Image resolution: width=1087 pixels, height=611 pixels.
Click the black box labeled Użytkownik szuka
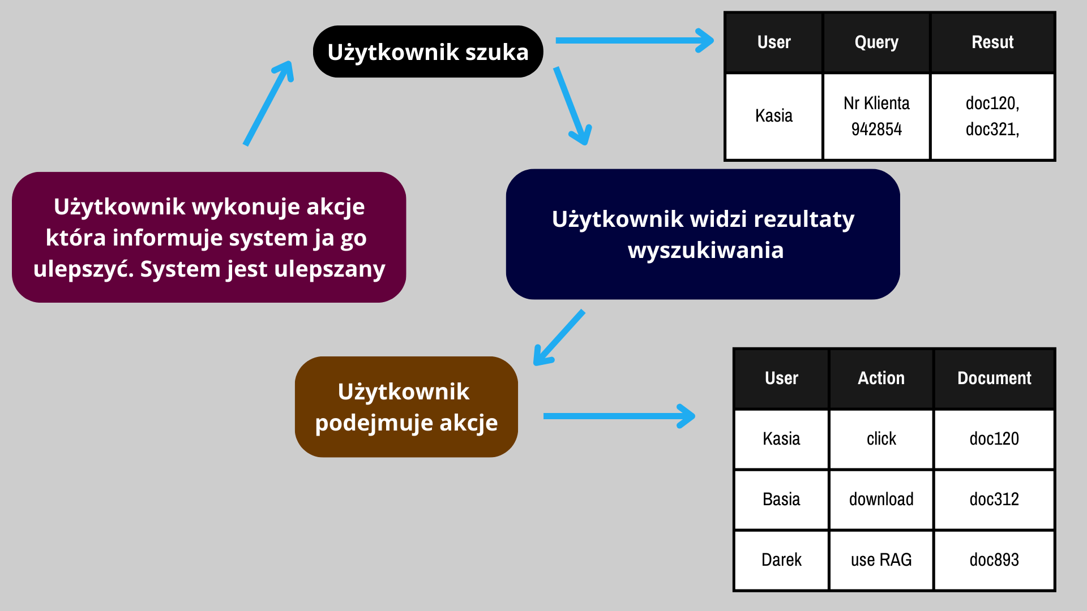point(428,51)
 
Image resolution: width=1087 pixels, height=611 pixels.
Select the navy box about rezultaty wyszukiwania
point(703,234)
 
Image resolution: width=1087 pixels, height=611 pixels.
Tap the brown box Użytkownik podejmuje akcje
point(406,407)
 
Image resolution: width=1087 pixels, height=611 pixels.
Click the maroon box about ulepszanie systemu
point(209,237)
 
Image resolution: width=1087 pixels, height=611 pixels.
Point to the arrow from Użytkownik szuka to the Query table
point(635,41)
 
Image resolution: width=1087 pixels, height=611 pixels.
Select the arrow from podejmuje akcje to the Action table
point(619,416)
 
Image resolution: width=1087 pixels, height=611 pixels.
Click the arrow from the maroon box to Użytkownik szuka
point(268,103)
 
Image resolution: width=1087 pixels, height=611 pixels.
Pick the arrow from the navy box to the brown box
point(559,337)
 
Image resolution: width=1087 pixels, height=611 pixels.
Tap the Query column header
point(876,43)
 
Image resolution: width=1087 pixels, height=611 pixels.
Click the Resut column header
point(992,43)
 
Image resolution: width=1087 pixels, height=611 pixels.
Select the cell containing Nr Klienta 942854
point(876,117)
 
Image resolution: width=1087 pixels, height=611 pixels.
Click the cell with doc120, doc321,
point(992,117)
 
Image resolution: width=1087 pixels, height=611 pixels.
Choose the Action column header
point(881,378)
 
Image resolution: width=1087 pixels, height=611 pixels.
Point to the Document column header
point(994,378)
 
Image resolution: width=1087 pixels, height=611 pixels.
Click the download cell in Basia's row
point(881,499)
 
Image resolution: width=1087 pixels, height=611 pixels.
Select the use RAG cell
point(881,560)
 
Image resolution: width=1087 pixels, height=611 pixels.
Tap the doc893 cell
point(994,560)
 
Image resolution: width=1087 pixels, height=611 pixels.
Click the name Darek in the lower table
point(781,560)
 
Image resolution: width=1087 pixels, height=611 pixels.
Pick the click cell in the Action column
point(881,439)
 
